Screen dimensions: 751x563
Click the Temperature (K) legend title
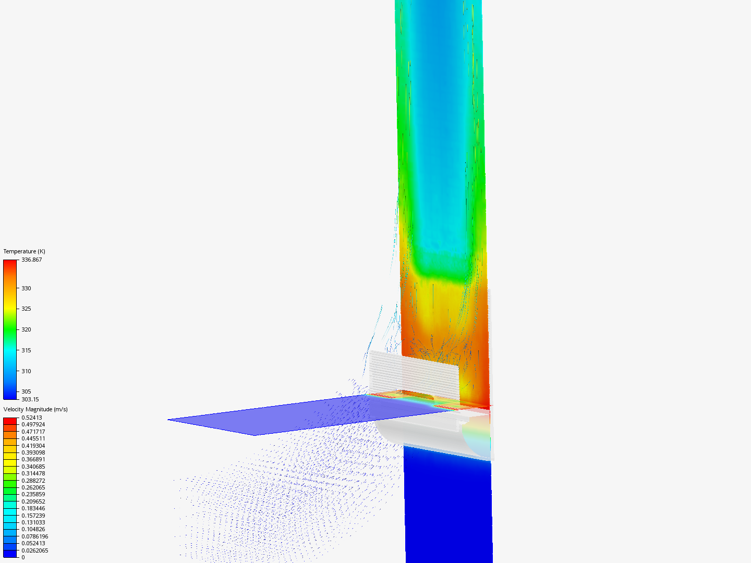[x=25, y=251]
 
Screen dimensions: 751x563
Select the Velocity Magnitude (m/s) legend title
[x=35, y=409]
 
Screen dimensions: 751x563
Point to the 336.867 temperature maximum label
[x=31, y=260]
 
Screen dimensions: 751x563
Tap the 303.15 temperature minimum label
[x=30, y=399]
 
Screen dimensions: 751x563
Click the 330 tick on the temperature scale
[x=27, y=288]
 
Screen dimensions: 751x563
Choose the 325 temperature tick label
[x=27, y=309]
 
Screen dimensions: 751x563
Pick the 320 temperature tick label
[x=27, y=329]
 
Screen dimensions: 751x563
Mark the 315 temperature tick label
[x=27, y=350]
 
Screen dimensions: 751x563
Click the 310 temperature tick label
[x=27, y=371]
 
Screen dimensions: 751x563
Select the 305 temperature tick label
[x=27, y=391]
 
